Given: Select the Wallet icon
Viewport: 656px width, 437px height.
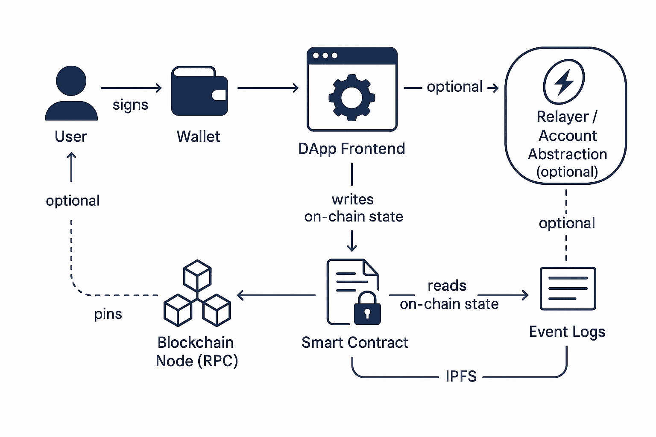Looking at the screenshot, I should [x=199, y=91].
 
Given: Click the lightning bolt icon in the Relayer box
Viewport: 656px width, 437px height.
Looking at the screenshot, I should [x=564, y=82].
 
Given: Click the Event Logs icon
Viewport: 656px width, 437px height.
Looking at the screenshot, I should [x=568, y=288].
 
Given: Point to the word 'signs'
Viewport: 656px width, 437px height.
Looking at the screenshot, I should [x=130, y=105].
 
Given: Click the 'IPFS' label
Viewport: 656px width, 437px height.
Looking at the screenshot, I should [x=461, y=376].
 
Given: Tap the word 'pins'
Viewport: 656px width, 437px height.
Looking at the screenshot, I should [x=108, y=314].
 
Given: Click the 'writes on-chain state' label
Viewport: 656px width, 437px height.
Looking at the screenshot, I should [x=353, y=208].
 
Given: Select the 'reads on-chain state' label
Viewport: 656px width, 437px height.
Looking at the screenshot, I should [x=448, y=295].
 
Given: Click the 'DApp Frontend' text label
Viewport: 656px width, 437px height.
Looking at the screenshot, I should [x=351, y=149].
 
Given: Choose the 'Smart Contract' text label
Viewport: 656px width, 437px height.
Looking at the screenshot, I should [x=354, y=343].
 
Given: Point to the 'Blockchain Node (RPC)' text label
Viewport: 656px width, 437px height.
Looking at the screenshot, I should [x=196, y=352].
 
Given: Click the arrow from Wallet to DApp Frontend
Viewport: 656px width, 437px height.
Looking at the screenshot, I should [x=268, y=88].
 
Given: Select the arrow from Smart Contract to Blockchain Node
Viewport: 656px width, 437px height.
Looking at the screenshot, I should [x=276, y=295].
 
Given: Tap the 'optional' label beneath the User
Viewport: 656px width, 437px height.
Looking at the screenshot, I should [x=73, y=201].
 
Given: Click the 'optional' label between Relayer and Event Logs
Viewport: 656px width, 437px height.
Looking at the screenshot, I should [x=567, y=223].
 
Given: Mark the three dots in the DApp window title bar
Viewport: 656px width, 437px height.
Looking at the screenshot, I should [x=325, y=55].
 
